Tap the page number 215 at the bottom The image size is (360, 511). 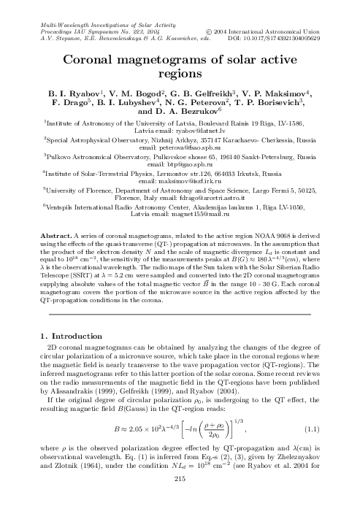click(180, 498)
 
